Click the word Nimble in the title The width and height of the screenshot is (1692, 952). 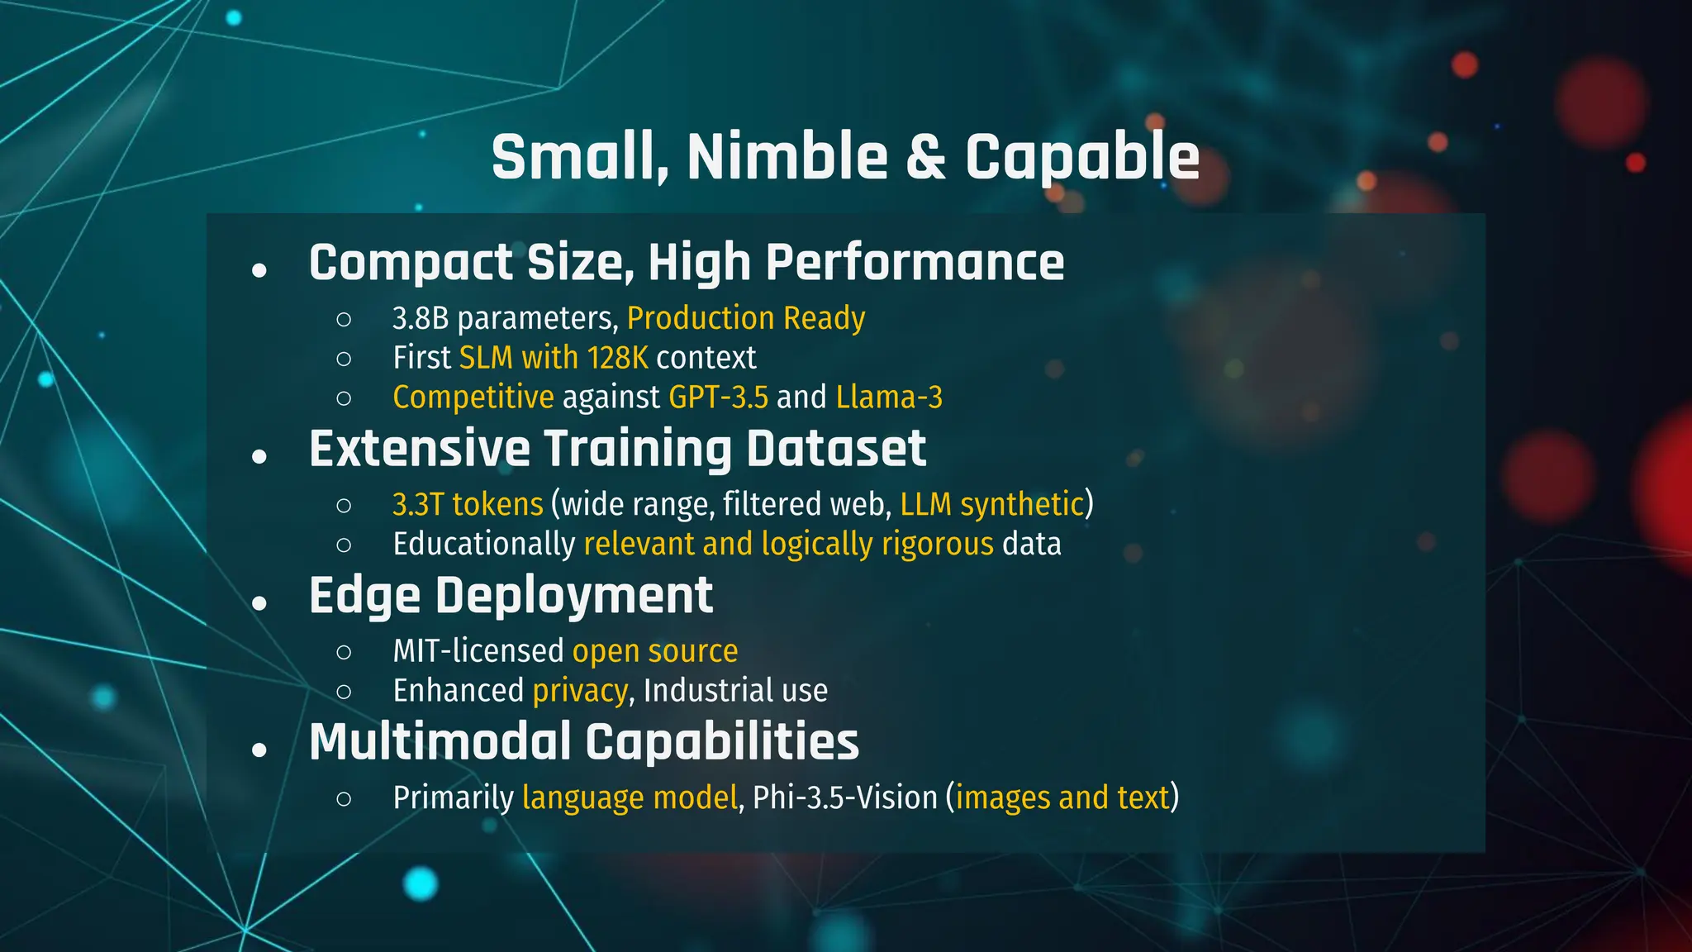(x=787, y=157)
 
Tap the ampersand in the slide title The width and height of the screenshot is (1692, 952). (x=925, y=157)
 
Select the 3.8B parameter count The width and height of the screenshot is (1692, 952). (x=420, y=318)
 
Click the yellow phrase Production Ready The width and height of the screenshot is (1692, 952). (x=746, y=318)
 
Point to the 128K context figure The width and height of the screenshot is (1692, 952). (x=617, y=358)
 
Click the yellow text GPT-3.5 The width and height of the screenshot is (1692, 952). (x=718, y=397)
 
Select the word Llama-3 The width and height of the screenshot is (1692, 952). (x=889, y=397)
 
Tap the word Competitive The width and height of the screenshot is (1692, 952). (x=473, y=397)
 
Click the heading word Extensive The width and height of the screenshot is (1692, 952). (x=419, y=449)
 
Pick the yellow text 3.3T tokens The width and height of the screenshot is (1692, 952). (x=468, y=504)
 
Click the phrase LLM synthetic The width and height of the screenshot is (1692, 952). (x=991, y=504)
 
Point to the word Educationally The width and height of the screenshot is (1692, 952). (x=483, y=544)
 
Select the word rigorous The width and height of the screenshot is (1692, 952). (x=937, y=544)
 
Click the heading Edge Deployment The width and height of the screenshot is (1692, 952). (x=511, y=596)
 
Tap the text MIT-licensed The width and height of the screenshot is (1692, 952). (x=478, y=651)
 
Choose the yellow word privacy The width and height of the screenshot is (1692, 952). (x=580, y=691)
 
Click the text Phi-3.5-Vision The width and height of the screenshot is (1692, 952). (x=844, y=798)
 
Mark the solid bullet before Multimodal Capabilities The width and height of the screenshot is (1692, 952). (x=259, y=750)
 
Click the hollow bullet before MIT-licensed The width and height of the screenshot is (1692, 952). (x=345, y=652)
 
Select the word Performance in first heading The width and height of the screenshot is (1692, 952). (x=915, y=263)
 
